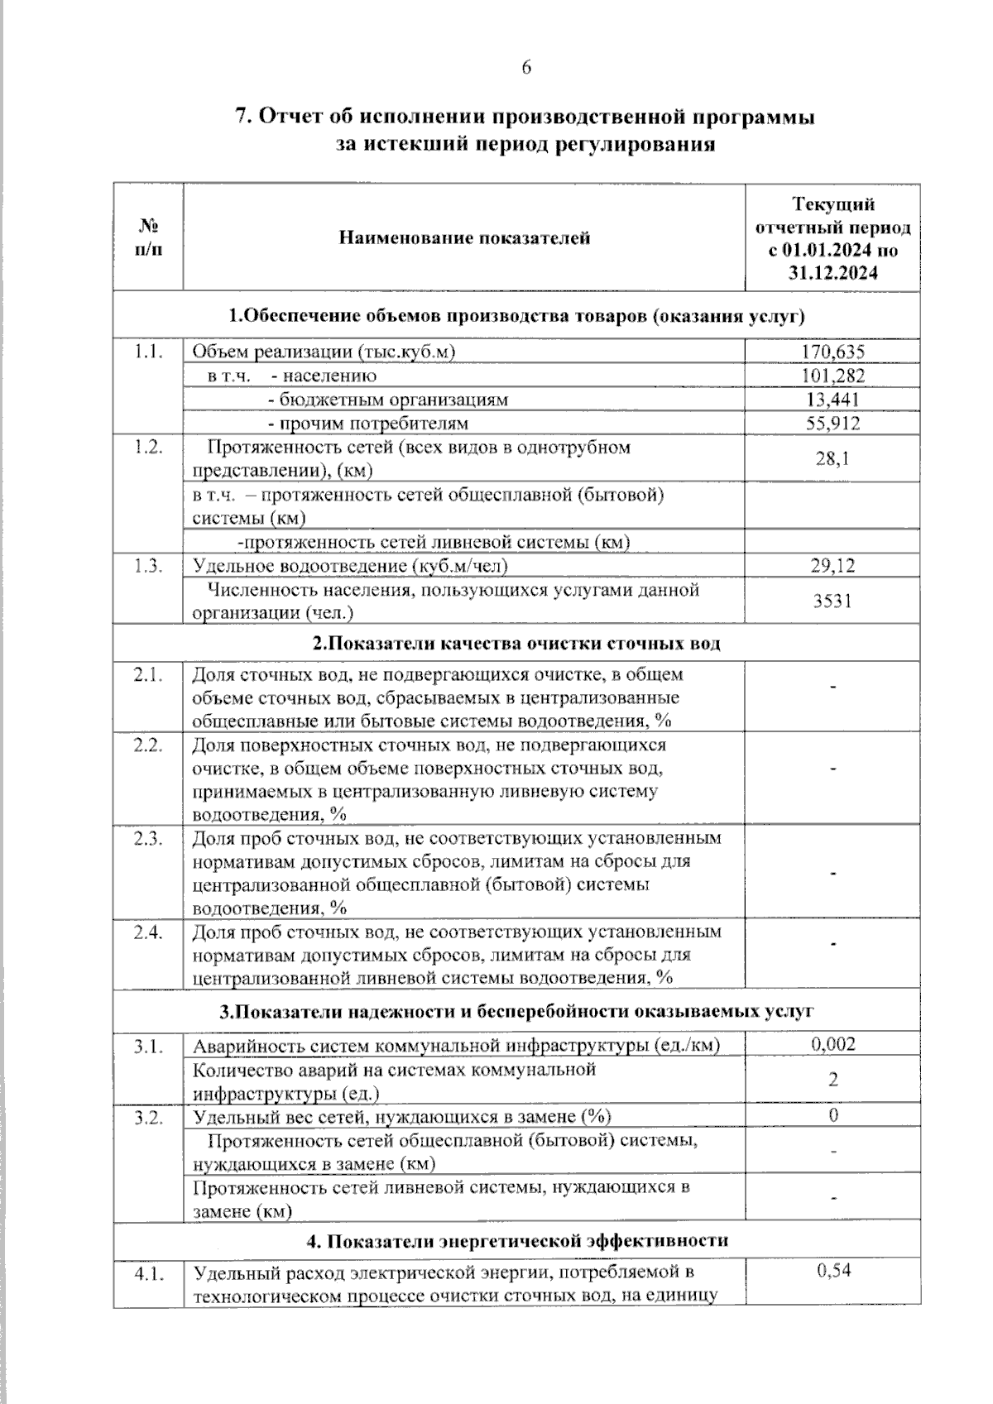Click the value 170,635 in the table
(x=832, y=352)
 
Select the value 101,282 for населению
(x=832, y=376)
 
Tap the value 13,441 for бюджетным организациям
(x=832, y=400)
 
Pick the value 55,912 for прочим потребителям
(x=832, y=424)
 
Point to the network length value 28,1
(x=832, y=458)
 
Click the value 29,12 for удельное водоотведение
(x=832, y=566)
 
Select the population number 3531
(x=832, y=601)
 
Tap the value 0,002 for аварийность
(x=832, y=1044)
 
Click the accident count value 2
(x=833, y=1080)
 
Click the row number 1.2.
(x=147, y=448)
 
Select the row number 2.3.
(x=147, y=838)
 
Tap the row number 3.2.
(x=147, y=1117)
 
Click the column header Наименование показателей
(x=464, y=238)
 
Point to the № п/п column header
(x=147, y=238)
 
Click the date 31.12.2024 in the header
(x=832, y=274)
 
